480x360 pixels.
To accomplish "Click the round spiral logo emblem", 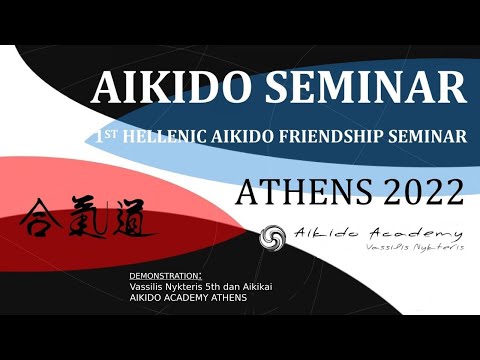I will [x=272, y=238].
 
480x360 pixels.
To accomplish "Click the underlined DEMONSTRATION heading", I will [x=166, y=274].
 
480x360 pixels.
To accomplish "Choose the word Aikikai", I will [x=281, y=285].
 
